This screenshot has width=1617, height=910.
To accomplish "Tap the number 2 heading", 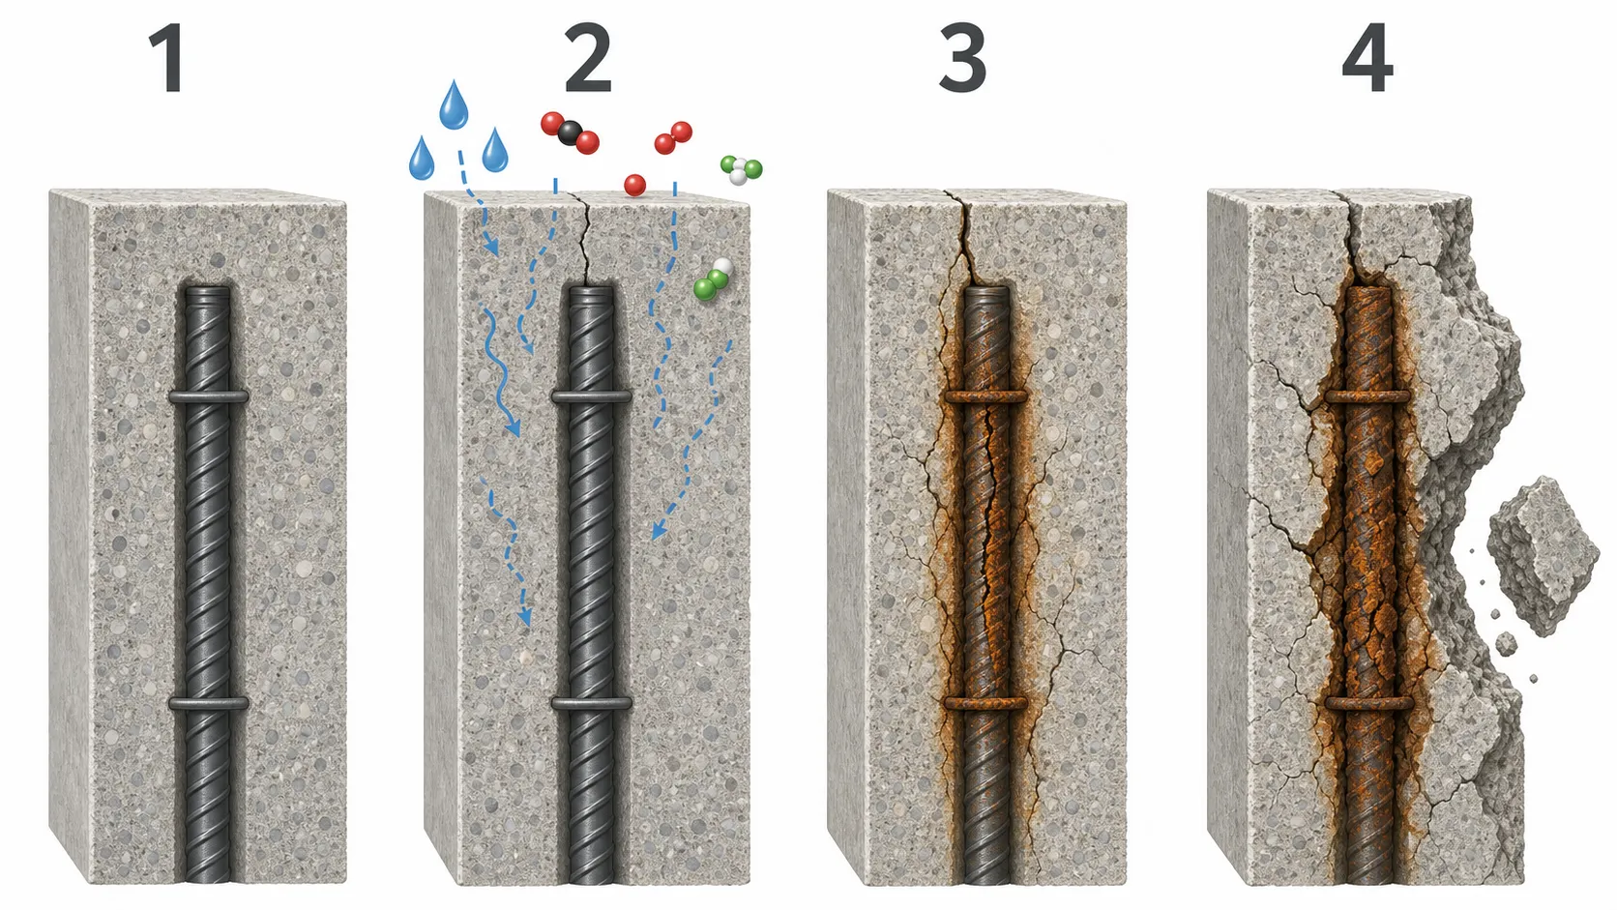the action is click(x=588, y=59).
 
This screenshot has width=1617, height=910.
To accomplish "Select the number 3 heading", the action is click(x=962, y=59).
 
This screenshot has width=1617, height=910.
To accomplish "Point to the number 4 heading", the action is click(x=1367, y=59).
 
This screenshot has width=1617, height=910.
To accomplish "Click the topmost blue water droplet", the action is click(x=454, y=105).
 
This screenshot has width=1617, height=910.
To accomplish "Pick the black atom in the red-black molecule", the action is click(x=570, y=132).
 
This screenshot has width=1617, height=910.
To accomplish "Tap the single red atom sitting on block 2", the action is click(x=634, y=186).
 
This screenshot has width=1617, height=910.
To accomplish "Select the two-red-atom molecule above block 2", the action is click(x=673, y=138).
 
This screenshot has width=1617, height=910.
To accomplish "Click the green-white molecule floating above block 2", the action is click(x=741, y=170).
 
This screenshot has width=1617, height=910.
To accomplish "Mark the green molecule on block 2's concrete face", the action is click(x=713, y=279).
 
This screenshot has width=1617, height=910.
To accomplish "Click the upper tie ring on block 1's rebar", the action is click(x=209, y=396).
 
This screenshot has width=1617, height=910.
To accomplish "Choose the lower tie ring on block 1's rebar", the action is click(x=209, y=704).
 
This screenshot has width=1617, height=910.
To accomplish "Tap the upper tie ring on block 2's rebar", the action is click(x=591, y=396).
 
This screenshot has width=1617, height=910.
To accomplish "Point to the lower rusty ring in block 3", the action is click(x=985, y=703).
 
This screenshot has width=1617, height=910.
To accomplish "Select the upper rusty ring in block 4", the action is click(x=1367, y=396).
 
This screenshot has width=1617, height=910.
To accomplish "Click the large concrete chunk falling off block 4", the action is click(x=1543, y=556).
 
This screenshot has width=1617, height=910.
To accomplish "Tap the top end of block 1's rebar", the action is click(x=208, y=291).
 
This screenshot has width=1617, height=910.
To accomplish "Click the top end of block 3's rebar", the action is click(x=986, y=291).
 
